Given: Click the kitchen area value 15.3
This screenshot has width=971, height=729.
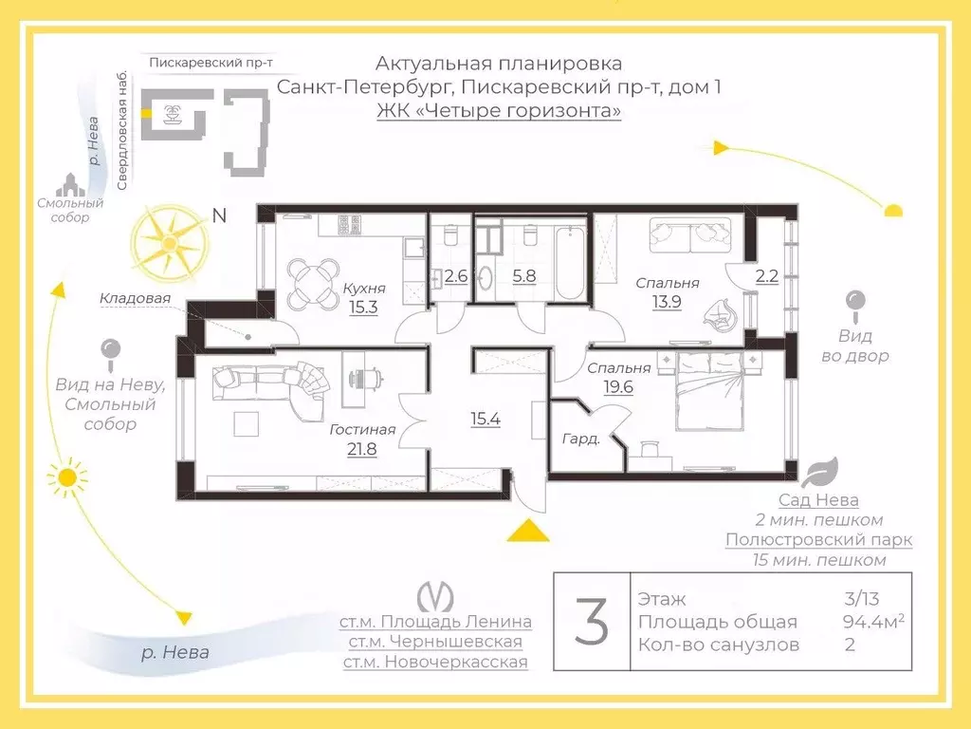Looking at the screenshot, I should [x=363, y=307].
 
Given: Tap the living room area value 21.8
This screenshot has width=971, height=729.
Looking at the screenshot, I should [x=361, y=449].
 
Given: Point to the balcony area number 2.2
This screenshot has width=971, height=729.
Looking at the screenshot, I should [x=766, y=277].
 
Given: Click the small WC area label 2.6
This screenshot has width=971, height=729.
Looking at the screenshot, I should [x=456, y=277].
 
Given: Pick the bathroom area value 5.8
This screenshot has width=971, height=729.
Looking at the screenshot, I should [x=523, y=277].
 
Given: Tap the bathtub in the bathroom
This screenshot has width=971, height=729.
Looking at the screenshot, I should [x=571, y=261].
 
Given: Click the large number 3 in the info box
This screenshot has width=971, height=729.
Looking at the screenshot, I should [x=592, y=622].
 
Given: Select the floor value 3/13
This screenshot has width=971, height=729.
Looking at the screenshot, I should [x=861, y=599].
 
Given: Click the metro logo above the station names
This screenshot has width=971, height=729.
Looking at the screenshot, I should [x=435, y=595].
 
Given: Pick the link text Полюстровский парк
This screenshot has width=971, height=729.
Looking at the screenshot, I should [x=818, y=540].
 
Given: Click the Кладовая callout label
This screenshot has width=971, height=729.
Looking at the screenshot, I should [x=135, y=298].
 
